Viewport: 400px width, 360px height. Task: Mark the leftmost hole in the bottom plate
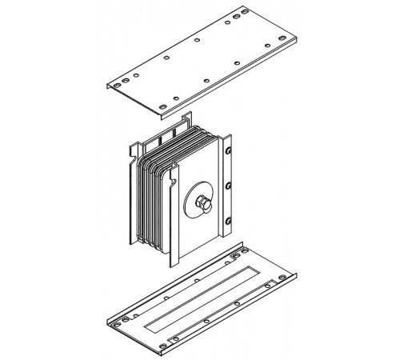117,323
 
